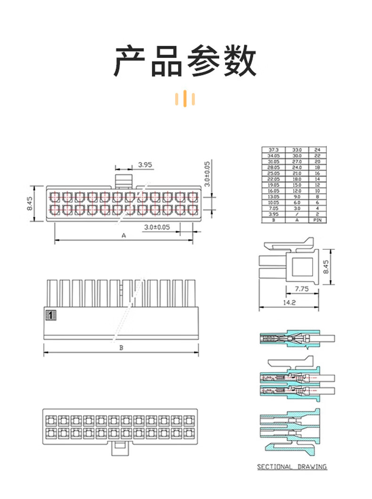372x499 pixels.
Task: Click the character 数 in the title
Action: (x=240, y=62)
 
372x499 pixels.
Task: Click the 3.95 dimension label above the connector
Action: (x=145, y=164)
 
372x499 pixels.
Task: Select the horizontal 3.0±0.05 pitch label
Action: (x=157, y=227)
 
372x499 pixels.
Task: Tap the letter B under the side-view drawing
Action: (x=121, y=348)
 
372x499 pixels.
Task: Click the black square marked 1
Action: (x=49, y=315)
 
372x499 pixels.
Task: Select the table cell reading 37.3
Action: (x=274, y=150)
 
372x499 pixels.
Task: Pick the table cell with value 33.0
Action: (x=297, y=150)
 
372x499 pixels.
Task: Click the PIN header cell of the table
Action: (x=317, y=220)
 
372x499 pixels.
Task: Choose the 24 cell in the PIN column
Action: (x=317, y=150)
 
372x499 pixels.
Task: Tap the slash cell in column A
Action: (x=297, y=214)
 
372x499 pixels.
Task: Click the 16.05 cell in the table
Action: (x=274, y=191)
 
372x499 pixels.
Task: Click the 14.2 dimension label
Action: (x=290, y=303)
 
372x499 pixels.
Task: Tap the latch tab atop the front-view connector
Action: (x=124, y=179)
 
